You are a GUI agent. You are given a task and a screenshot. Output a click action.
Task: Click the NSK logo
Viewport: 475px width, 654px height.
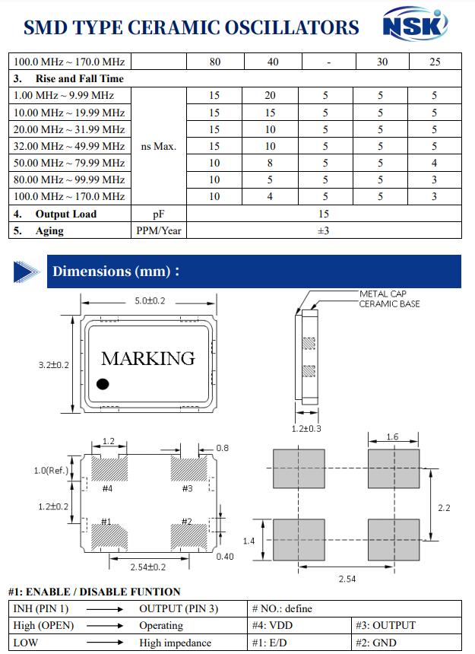point(414,26)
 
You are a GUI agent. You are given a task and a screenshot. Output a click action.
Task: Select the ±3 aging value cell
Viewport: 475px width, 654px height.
point(323,230)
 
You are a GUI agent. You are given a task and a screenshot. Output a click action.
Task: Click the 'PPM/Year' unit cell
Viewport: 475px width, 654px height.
point(159,230)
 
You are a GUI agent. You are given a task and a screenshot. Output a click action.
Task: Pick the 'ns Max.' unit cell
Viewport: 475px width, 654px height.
point(159,146)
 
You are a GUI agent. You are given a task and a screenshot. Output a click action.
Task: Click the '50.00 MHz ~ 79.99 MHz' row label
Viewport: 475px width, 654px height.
point(69,163)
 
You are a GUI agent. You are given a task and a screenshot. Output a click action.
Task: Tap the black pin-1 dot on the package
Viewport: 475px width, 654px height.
point(103,384)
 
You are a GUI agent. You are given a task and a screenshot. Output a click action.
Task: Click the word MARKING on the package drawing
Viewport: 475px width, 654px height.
point(148,357)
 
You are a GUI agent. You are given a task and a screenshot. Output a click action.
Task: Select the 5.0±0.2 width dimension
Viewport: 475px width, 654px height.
point(150,301)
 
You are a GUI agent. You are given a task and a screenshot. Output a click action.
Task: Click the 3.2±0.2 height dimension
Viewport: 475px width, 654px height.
point(54,365)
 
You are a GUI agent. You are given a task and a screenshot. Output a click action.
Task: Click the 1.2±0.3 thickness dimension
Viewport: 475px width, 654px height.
point(306,429)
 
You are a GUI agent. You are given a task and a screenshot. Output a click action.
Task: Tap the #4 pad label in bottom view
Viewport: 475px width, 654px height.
point(107,488)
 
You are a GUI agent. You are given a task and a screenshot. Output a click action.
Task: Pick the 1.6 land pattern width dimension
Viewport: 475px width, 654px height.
point(392,437)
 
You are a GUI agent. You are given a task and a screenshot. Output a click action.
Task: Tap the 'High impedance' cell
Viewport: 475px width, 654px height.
point(175,643)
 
